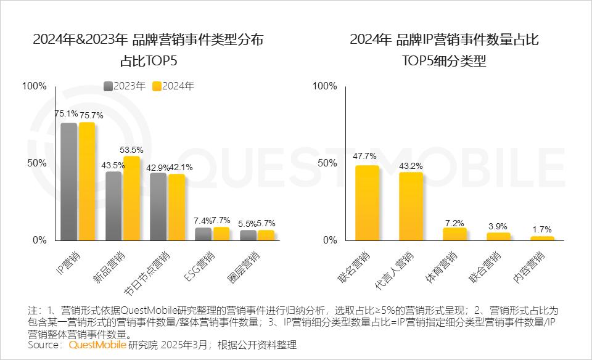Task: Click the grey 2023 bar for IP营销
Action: tap(68, 182)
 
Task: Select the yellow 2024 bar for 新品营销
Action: tap(131, 198)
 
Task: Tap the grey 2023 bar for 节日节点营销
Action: tap(158, 207)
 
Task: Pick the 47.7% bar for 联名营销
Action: tap(367, 203)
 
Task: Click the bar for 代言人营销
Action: tap(411, 206)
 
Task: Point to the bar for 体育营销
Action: tap(454, 234)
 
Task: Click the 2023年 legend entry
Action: tap(126, 86)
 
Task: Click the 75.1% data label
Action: tap(66, 113)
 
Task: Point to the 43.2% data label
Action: tap(411, 166)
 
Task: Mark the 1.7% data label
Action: tap(542, 229)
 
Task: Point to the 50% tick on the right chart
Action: tap(327, 163)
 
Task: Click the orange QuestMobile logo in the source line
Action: tap(97, 345)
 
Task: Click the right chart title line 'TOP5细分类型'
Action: tap(444, 62)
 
